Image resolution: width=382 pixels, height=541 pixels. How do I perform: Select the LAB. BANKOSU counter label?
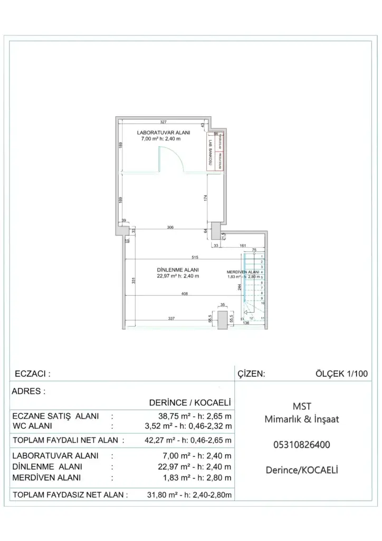click(x=211, y=155)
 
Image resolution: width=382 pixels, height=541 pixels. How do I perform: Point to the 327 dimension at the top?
click(x=164, y=122)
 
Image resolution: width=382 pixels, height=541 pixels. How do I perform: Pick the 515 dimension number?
click(x=195, y=257)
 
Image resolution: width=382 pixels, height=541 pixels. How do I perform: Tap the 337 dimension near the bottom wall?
click(x=171, y=319)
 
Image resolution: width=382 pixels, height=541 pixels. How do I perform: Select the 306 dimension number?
click(x=170, y=228)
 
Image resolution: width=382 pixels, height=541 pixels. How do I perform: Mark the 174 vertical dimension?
click(x=205, y=198)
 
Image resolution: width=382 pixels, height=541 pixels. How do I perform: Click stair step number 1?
click(x=262, y=256)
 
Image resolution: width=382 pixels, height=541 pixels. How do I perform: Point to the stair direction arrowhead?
click(x=246, y=312)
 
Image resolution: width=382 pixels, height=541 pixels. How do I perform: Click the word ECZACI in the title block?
click(x=30, y=374)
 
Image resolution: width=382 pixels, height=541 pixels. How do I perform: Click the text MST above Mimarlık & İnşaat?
click(x=301, y=406)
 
